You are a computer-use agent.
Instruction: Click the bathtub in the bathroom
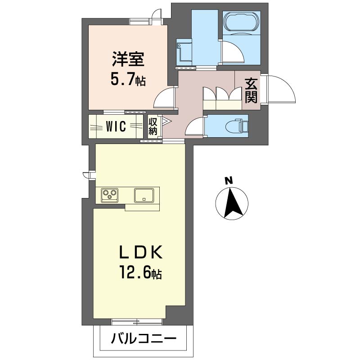(x=241, y=22)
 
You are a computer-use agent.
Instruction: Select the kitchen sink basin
(x=144, y=195)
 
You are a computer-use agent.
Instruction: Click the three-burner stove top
(x=110, y=195)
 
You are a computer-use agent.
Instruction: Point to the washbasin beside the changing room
(x=184, y=52)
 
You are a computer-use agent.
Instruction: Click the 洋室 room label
(x=128, y=59)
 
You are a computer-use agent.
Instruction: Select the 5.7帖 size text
(x=128, y=80)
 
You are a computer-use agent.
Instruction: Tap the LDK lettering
(x=140, y=252)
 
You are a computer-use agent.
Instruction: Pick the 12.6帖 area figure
(x=140, y=273)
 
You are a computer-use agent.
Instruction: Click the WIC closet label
(x=116, y=126)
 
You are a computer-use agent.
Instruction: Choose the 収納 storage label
(x=153, y=126)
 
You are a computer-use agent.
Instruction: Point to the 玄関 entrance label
(x=251, y=91)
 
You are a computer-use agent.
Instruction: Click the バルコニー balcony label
(x=144, y=339)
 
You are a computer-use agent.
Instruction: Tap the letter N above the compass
(x=229, y=181)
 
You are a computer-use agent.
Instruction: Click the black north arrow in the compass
(x=233, y=202)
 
